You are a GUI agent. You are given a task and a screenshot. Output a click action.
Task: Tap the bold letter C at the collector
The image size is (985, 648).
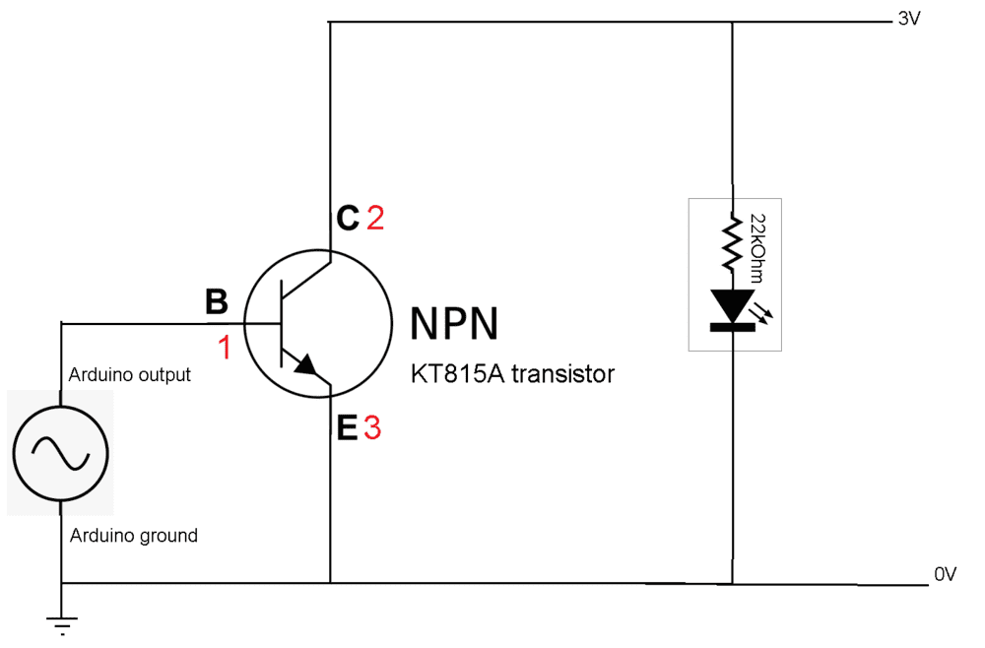click(347, 218)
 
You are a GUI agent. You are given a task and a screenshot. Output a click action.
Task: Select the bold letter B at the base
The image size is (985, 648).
click(216, 302)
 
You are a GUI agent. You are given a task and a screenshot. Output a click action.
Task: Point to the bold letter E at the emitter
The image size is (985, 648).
click(346, 428)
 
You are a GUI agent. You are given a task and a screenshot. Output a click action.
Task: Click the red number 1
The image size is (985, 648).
click(225, 348)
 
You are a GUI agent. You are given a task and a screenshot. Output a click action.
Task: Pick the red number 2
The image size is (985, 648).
click(375, 218)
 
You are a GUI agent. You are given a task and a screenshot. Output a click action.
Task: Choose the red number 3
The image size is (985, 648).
click(371, 428)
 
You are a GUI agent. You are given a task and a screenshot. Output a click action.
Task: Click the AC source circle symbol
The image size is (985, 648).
click(60, 452)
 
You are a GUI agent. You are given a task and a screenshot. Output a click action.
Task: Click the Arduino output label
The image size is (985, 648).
click(129, 375)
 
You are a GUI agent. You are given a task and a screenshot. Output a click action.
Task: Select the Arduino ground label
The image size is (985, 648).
click(133, 536)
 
